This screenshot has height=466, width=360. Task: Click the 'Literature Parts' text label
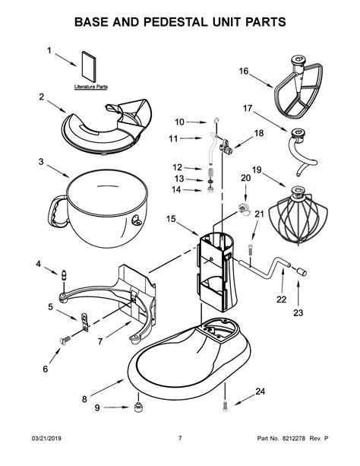(90, 87)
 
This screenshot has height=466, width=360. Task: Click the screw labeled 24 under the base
(226, 408)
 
